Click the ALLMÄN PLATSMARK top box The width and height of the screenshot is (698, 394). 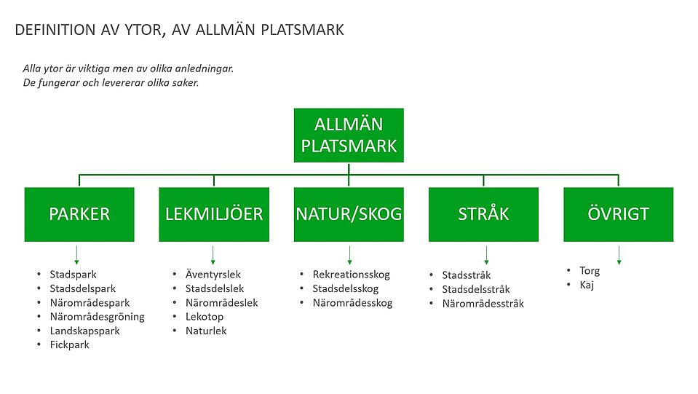(x=349, y=135)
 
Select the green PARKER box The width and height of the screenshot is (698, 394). (x=79, y=214)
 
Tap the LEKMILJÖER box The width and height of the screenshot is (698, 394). (x=213, y=214)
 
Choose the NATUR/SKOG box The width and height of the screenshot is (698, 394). (x=349, y=214)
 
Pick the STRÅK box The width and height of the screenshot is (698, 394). (x=483, y=214)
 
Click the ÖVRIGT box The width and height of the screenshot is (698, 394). (x=618, y=214)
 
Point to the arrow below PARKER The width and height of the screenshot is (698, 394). (x=76, y=255)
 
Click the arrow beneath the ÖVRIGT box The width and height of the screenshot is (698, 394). (x=619, y=255)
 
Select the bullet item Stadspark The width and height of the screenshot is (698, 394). (x=73, y=275)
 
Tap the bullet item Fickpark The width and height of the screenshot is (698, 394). (x=69, y=344)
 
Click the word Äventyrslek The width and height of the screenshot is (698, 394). (x=213, y=275)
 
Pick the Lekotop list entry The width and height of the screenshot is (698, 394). (x=205, y=317)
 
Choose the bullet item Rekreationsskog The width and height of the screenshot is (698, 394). (x=352, y=275)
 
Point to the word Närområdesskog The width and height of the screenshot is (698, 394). (x=352, y=303)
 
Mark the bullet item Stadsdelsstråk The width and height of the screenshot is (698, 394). (x=476, y=290)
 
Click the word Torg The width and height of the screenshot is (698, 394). (x=590, y=271)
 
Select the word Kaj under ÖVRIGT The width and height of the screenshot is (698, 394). (x=587, y=285)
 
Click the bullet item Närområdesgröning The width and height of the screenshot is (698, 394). (x=97, y=317)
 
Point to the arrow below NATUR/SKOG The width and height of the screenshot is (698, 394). (x=350, y=255)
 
